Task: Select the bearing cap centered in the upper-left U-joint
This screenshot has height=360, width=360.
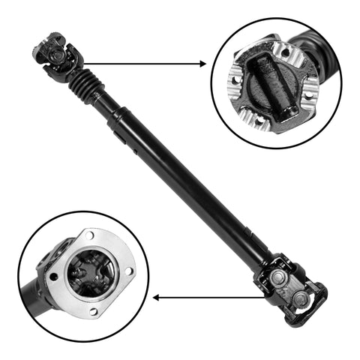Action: [x=54, y=53]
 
